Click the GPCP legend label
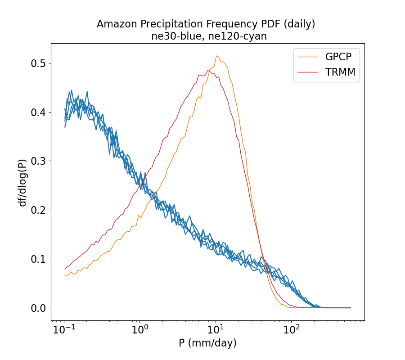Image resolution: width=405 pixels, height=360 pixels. tap(338, 57)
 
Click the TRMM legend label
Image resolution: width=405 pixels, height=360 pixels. tap(339, 72)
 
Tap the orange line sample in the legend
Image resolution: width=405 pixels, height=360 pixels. tap(307, 57)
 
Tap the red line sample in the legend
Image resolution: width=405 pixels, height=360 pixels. tap(307, 72)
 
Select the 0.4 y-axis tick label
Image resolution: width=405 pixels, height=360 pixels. tap(38, 112)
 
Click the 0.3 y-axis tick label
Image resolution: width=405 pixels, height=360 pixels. tap(38, 161)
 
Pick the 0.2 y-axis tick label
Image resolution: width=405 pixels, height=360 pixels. tap(38, 210)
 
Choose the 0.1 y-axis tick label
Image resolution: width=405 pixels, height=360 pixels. tap(38, 259)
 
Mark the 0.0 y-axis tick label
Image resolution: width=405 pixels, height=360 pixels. tap(38, 308)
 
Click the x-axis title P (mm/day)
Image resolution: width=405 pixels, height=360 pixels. tap(207, 343)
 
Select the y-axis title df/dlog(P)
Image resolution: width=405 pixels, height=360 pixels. tap(22, 182)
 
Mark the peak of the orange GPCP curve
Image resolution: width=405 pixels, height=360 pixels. tap(216, 56)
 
